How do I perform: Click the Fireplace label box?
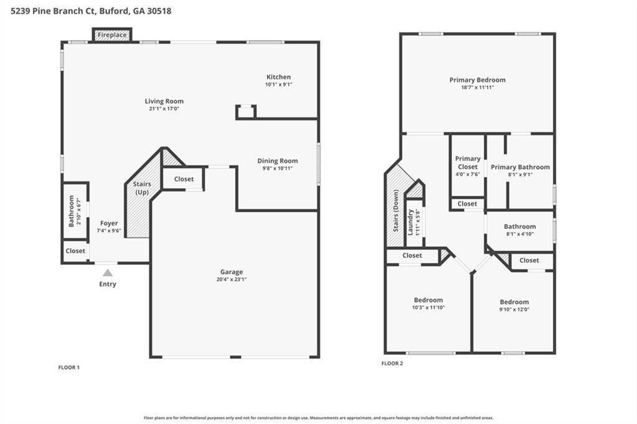112,35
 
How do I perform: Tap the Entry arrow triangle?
108,272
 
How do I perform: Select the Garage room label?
231,272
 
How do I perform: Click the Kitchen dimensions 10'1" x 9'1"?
278,85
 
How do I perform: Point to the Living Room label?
164,101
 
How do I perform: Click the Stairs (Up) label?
142,188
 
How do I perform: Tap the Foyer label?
109,223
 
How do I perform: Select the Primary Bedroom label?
477,80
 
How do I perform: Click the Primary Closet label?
468,163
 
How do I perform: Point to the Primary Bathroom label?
520,167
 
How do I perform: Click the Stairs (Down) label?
396,211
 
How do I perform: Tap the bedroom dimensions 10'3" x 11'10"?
429,308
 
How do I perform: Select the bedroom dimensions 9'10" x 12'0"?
514,310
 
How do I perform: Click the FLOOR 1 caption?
69,367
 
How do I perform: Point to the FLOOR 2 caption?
392,363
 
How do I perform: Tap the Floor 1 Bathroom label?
72,211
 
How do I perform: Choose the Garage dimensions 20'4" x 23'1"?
231,279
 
